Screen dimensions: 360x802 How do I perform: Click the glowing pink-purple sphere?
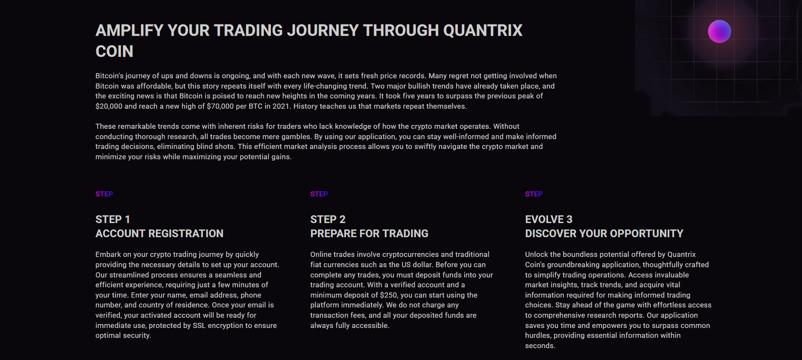pos(719,31)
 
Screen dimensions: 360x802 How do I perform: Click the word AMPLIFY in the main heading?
pos(129,31)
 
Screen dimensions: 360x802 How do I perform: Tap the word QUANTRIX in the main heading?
pos(483,31)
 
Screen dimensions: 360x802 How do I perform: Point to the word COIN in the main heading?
pos(114,52)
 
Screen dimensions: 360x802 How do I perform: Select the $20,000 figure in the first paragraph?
pos(109,106)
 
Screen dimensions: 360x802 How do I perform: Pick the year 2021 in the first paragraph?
pos(281,106)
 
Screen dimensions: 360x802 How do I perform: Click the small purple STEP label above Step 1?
pos(104,194)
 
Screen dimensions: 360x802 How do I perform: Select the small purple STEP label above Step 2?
pos(319,194)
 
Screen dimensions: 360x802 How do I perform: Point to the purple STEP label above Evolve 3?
pos(534,194)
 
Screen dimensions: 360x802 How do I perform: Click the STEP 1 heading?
pos(113,220)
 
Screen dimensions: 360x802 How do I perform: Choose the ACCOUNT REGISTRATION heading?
pos(159,234)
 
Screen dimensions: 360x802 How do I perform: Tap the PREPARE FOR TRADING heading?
pos(369,234)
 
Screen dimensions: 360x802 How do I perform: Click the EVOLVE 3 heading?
pos(548,220)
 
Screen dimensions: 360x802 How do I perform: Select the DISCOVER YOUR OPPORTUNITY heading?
pos(604,234)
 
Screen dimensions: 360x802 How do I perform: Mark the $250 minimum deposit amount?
pos(389,295)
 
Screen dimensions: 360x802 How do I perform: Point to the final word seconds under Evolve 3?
pos(540,346)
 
